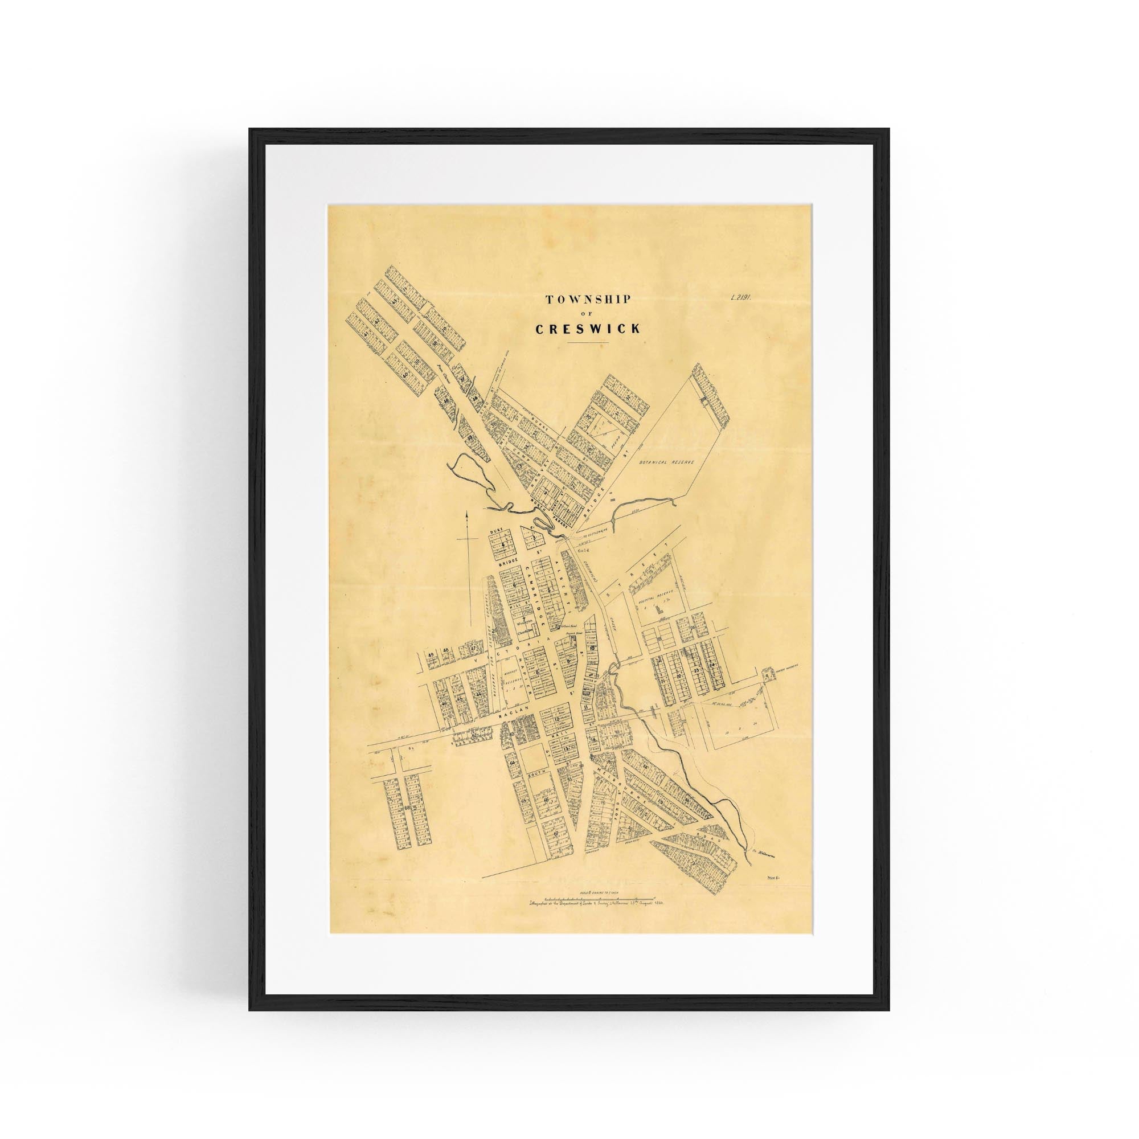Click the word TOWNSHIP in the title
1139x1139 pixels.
[588, 300]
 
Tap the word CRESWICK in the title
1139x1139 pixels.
[587, 329]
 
